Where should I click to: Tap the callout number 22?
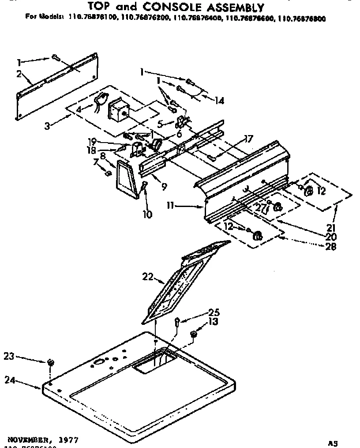point(147,277)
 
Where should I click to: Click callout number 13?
point(213,322)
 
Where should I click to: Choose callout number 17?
point(248,139)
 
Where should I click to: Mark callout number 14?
point(219,101)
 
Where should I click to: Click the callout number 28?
point(330,247)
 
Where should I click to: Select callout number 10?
point(147,215)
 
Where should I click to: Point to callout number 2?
point(19,74)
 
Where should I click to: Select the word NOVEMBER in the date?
point(28,440)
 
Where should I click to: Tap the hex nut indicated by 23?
point(51,362)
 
